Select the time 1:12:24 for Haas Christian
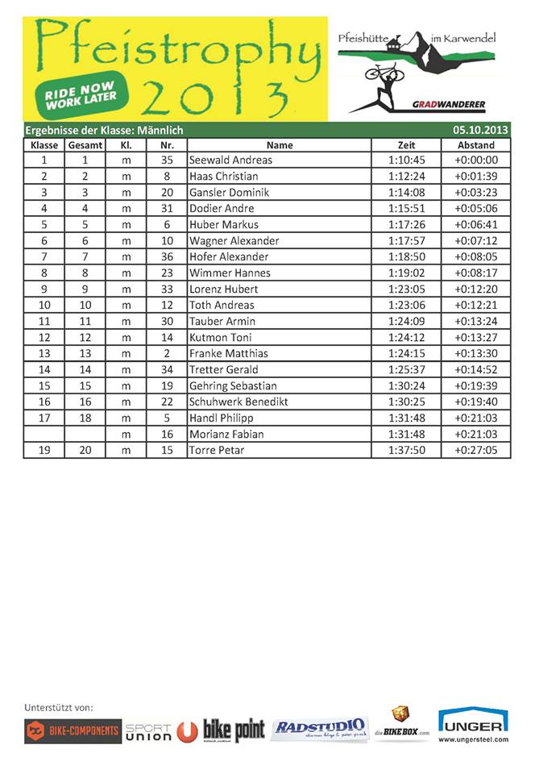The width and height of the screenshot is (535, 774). [x=406, y=177]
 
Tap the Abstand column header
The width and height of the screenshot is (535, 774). [x=475, y=145]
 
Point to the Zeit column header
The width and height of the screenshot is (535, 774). [x=406, y=145]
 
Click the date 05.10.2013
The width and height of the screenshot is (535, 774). [x=480, y=130]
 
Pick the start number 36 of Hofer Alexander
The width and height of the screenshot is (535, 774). [x=167, y=257]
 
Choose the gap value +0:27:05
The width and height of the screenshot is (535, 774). [x=475, y=450]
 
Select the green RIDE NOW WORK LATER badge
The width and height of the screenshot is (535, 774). [x=81, y=95]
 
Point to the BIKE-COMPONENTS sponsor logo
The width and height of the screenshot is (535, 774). [x=73, y=731]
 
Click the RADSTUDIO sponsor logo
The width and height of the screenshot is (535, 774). [x=319, y=729]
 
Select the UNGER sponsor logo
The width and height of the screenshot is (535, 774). [x=473, y=725]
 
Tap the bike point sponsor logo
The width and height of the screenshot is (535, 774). [x=234, y=730]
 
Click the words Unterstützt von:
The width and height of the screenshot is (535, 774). [x=59, y=707]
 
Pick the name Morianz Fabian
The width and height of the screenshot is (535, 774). [x=226, y=434]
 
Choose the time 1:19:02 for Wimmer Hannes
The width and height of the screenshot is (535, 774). [x=406, y=273]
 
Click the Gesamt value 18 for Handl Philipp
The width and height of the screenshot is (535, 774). [x=85, y=418]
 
